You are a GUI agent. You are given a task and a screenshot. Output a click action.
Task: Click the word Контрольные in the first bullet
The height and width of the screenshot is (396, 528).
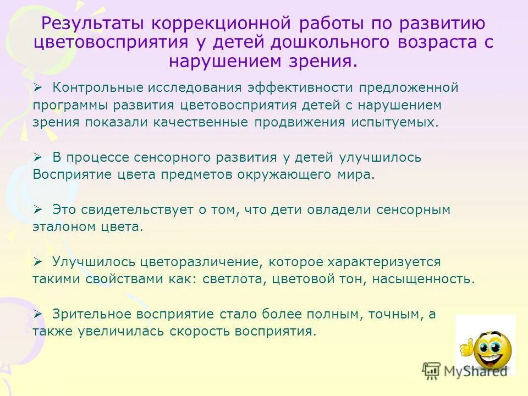[91, 87]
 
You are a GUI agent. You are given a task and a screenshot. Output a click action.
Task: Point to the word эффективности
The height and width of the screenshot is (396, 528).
[300, 87]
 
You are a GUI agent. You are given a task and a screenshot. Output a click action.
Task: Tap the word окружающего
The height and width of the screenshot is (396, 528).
[285, 175]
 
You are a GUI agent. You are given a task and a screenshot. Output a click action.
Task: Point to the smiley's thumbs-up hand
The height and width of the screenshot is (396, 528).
[465, 347]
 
